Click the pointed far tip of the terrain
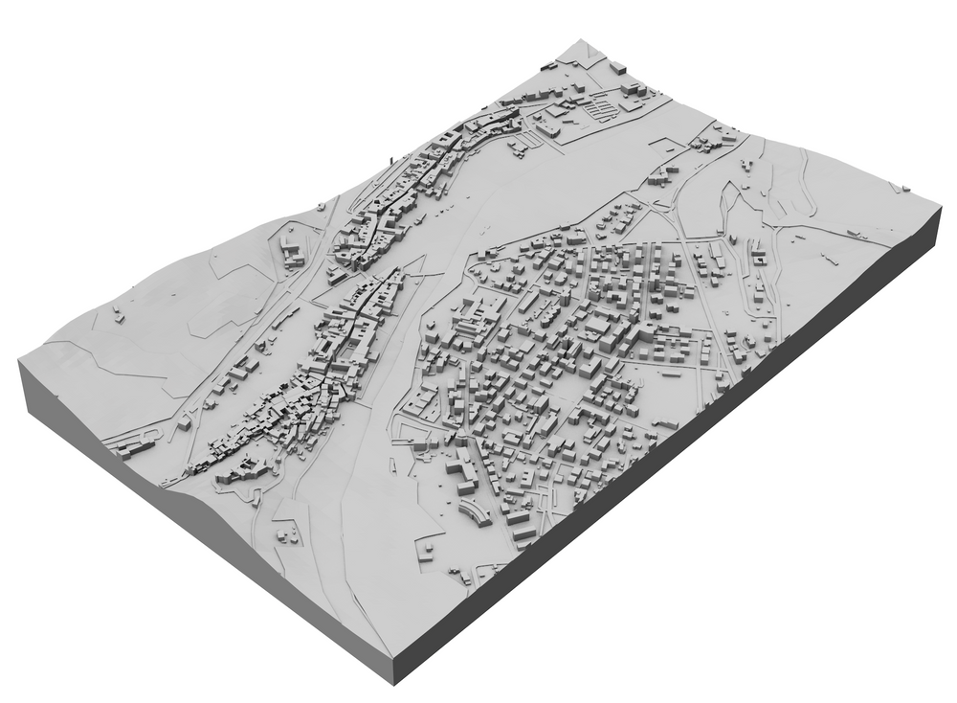581,41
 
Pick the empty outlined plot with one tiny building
427,550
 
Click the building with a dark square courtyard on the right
756,259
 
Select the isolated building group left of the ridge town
291,252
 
